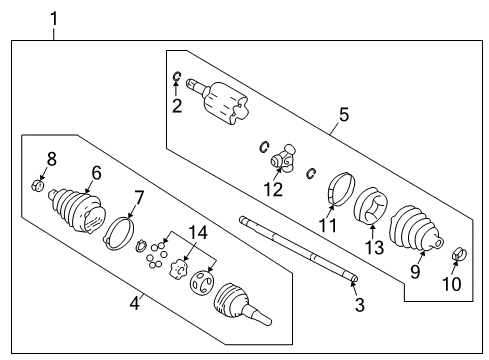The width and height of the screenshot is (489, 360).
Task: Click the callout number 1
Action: click(x=54, y=18)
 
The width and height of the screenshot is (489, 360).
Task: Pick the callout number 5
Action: click(x=344, y=115)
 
